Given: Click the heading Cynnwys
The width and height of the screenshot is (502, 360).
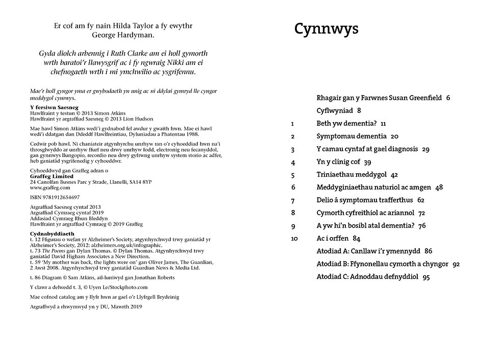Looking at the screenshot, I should coord(326,29).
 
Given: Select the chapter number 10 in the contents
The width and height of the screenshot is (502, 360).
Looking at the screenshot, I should coord(294,238).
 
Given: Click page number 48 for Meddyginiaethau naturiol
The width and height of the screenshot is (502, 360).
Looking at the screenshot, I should coord(439,187).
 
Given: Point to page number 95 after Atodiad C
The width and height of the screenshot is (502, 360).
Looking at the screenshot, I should coord(426,277).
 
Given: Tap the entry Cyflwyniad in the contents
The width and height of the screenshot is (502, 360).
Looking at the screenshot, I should coord(335,110).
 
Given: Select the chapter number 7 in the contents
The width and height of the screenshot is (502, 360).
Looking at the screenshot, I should coord(293,201).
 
